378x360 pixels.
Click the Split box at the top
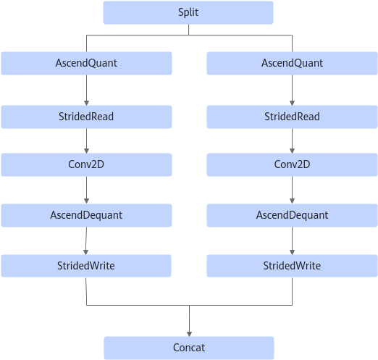188,12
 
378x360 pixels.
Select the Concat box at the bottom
189,348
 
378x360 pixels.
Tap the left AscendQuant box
86,63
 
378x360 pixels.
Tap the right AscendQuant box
292,63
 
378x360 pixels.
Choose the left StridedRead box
86,117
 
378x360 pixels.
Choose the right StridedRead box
292,117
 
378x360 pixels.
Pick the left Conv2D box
86,164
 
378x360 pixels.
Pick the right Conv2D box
292,164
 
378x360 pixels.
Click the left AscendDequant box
86,215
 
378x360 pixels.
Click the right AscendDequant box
292,215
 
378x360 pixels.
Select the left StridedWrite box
86,266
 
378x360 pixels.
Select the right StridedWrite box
292,266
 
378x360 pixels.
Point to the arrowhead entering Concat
189,334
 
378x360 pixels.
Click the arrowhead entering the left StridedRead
86,103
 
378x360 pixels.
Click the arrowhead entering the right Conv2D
292,151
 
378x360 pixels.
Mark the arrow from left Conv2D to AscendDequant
86,190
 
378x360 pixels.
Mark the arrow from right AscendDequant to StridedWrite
292,240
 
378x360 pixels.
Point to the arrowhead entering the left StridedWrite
85,252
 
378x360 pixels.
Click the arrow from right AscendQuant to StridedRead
292,90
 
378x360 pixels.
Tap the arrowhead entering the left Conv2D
86,151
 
